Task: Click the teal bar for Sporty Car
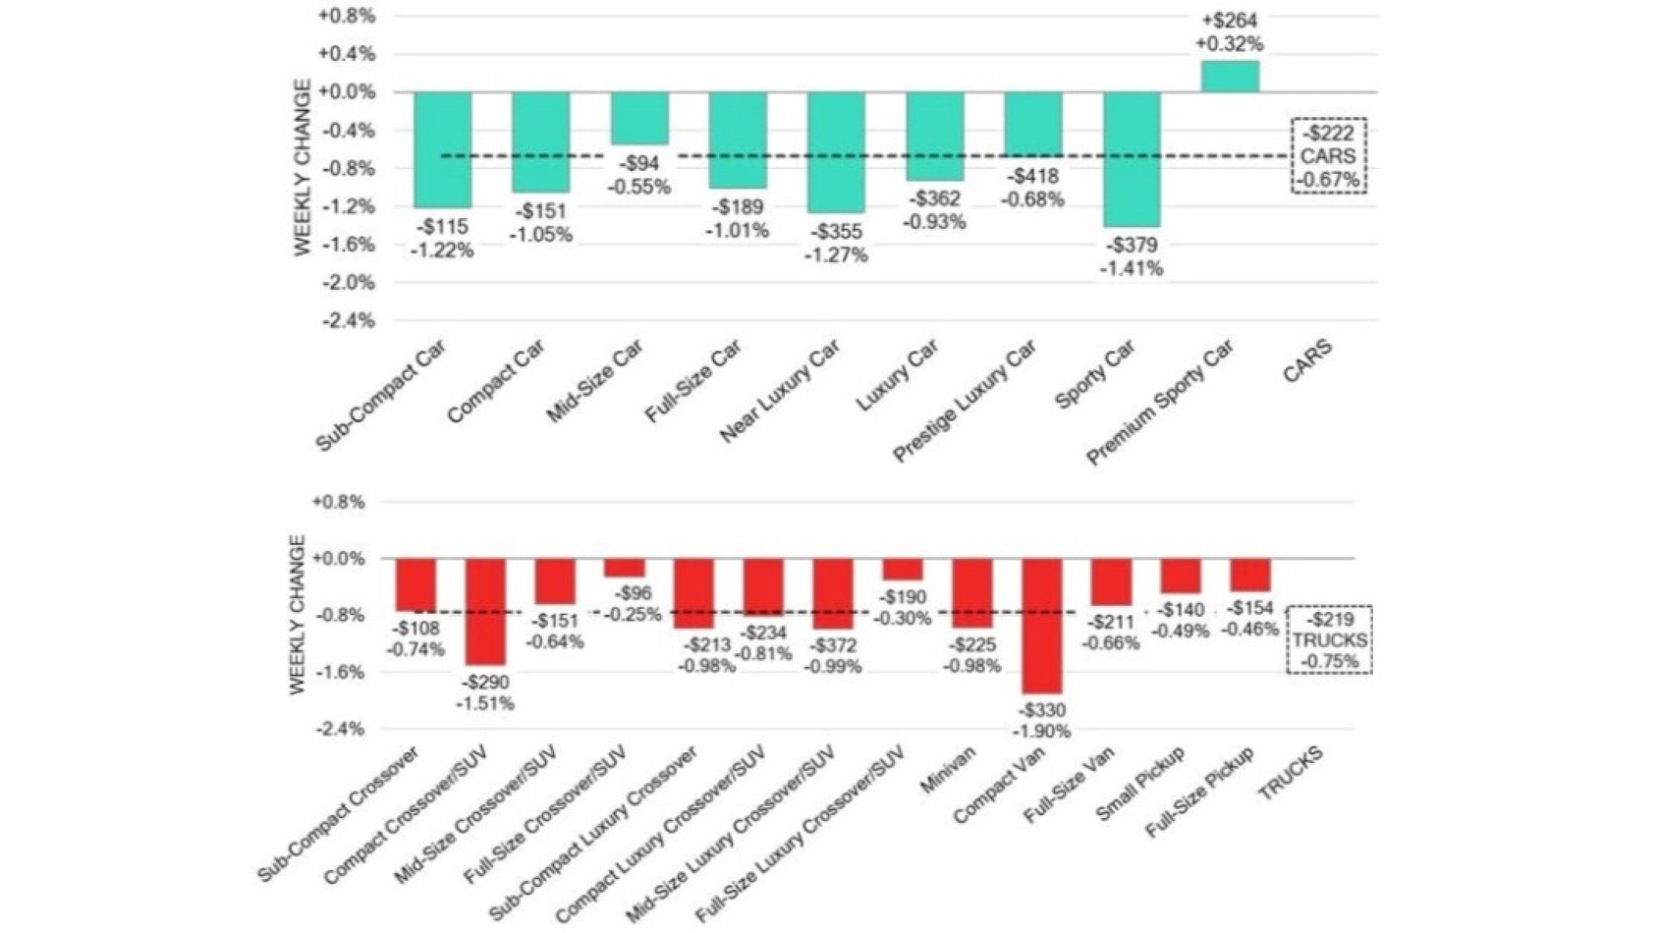(x=1131, y=159)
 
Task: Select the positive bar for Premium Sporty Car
(x=1230, y=77)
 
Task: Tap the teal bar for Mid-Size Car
(x=639, y=119)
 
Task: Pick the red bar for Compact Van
(x=1041, y=626)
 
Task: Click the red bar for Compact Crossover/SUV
(x=485, y=611)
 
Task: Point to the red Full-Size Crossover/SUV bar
(x=624, y=568)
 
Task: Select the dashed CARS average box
(x=1328, y=156)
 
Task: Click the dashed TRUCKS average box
(x=1329, y=639)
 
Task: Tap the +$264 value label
(x=1229, y=20)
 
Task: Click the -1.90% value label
(x=1042, y=732)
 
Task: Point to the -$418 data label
(x=1031, y=177)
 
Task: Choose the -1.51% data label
(x=485, y=703)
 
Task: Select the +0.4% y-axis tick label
(x=346, y=54)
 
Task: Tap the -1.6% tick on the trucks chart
(x=339, y=673)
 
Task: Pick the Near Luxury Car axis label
(x=781, y=391)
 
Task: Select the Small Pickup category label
(x=1139, y=783)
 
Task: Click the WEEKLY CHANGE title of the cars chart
(x=303, y=167)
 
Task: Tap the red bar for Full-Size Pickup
(x=1250, y=575)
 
